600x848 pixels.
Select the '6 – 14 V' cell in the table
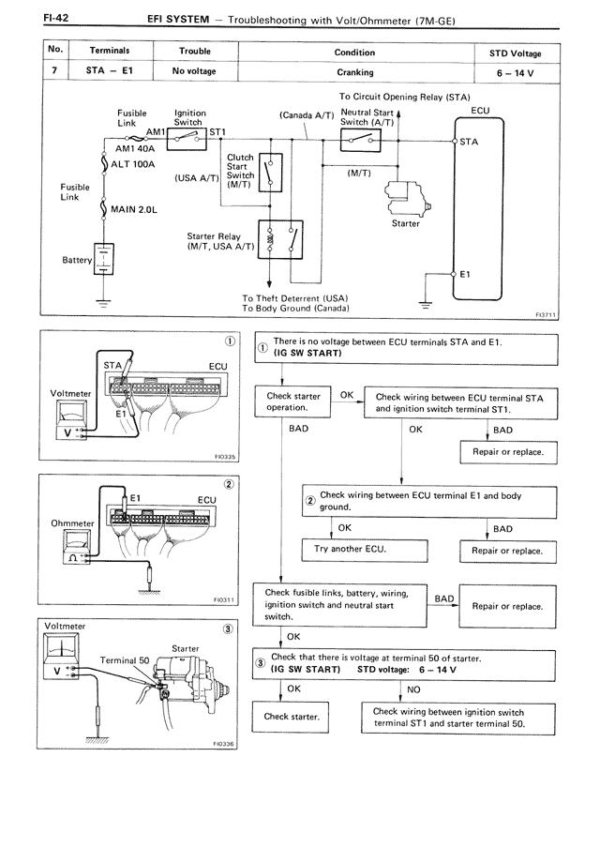click(x=515, y=71)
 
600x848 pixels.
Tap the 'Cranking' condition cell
click(x=354, y=71)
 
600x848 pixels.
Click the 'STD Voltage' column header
click(x=515, y=53)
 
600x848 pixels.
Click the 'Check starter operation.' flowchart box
click(x=292, y=402)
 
